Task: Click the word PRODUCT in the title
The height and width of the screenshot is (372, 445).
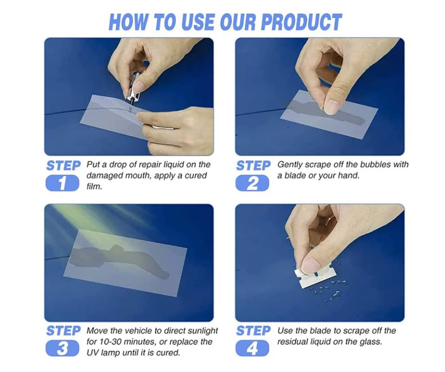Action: click(x=301, y=22)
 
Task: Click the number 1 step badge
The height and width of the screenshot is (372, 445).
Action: click(x=62, y=184)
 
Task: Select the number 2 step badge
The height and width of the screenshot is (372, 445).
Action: click(x=252, y=184)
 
